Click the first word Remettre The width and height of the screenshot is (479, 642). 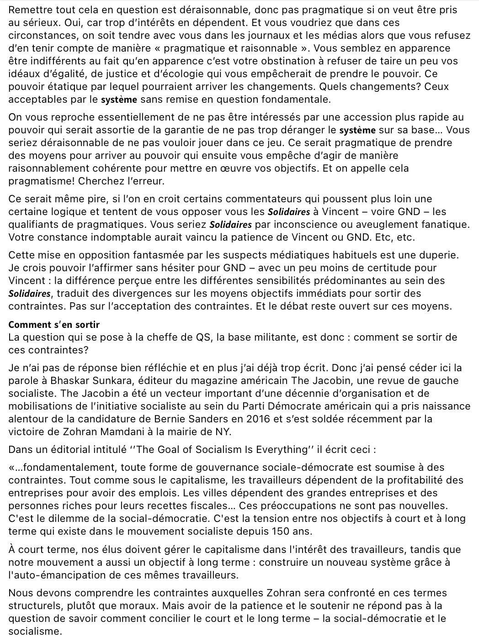coord(28,10)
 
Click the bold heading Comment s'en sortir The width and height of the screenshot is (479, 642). coord(54,325)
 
